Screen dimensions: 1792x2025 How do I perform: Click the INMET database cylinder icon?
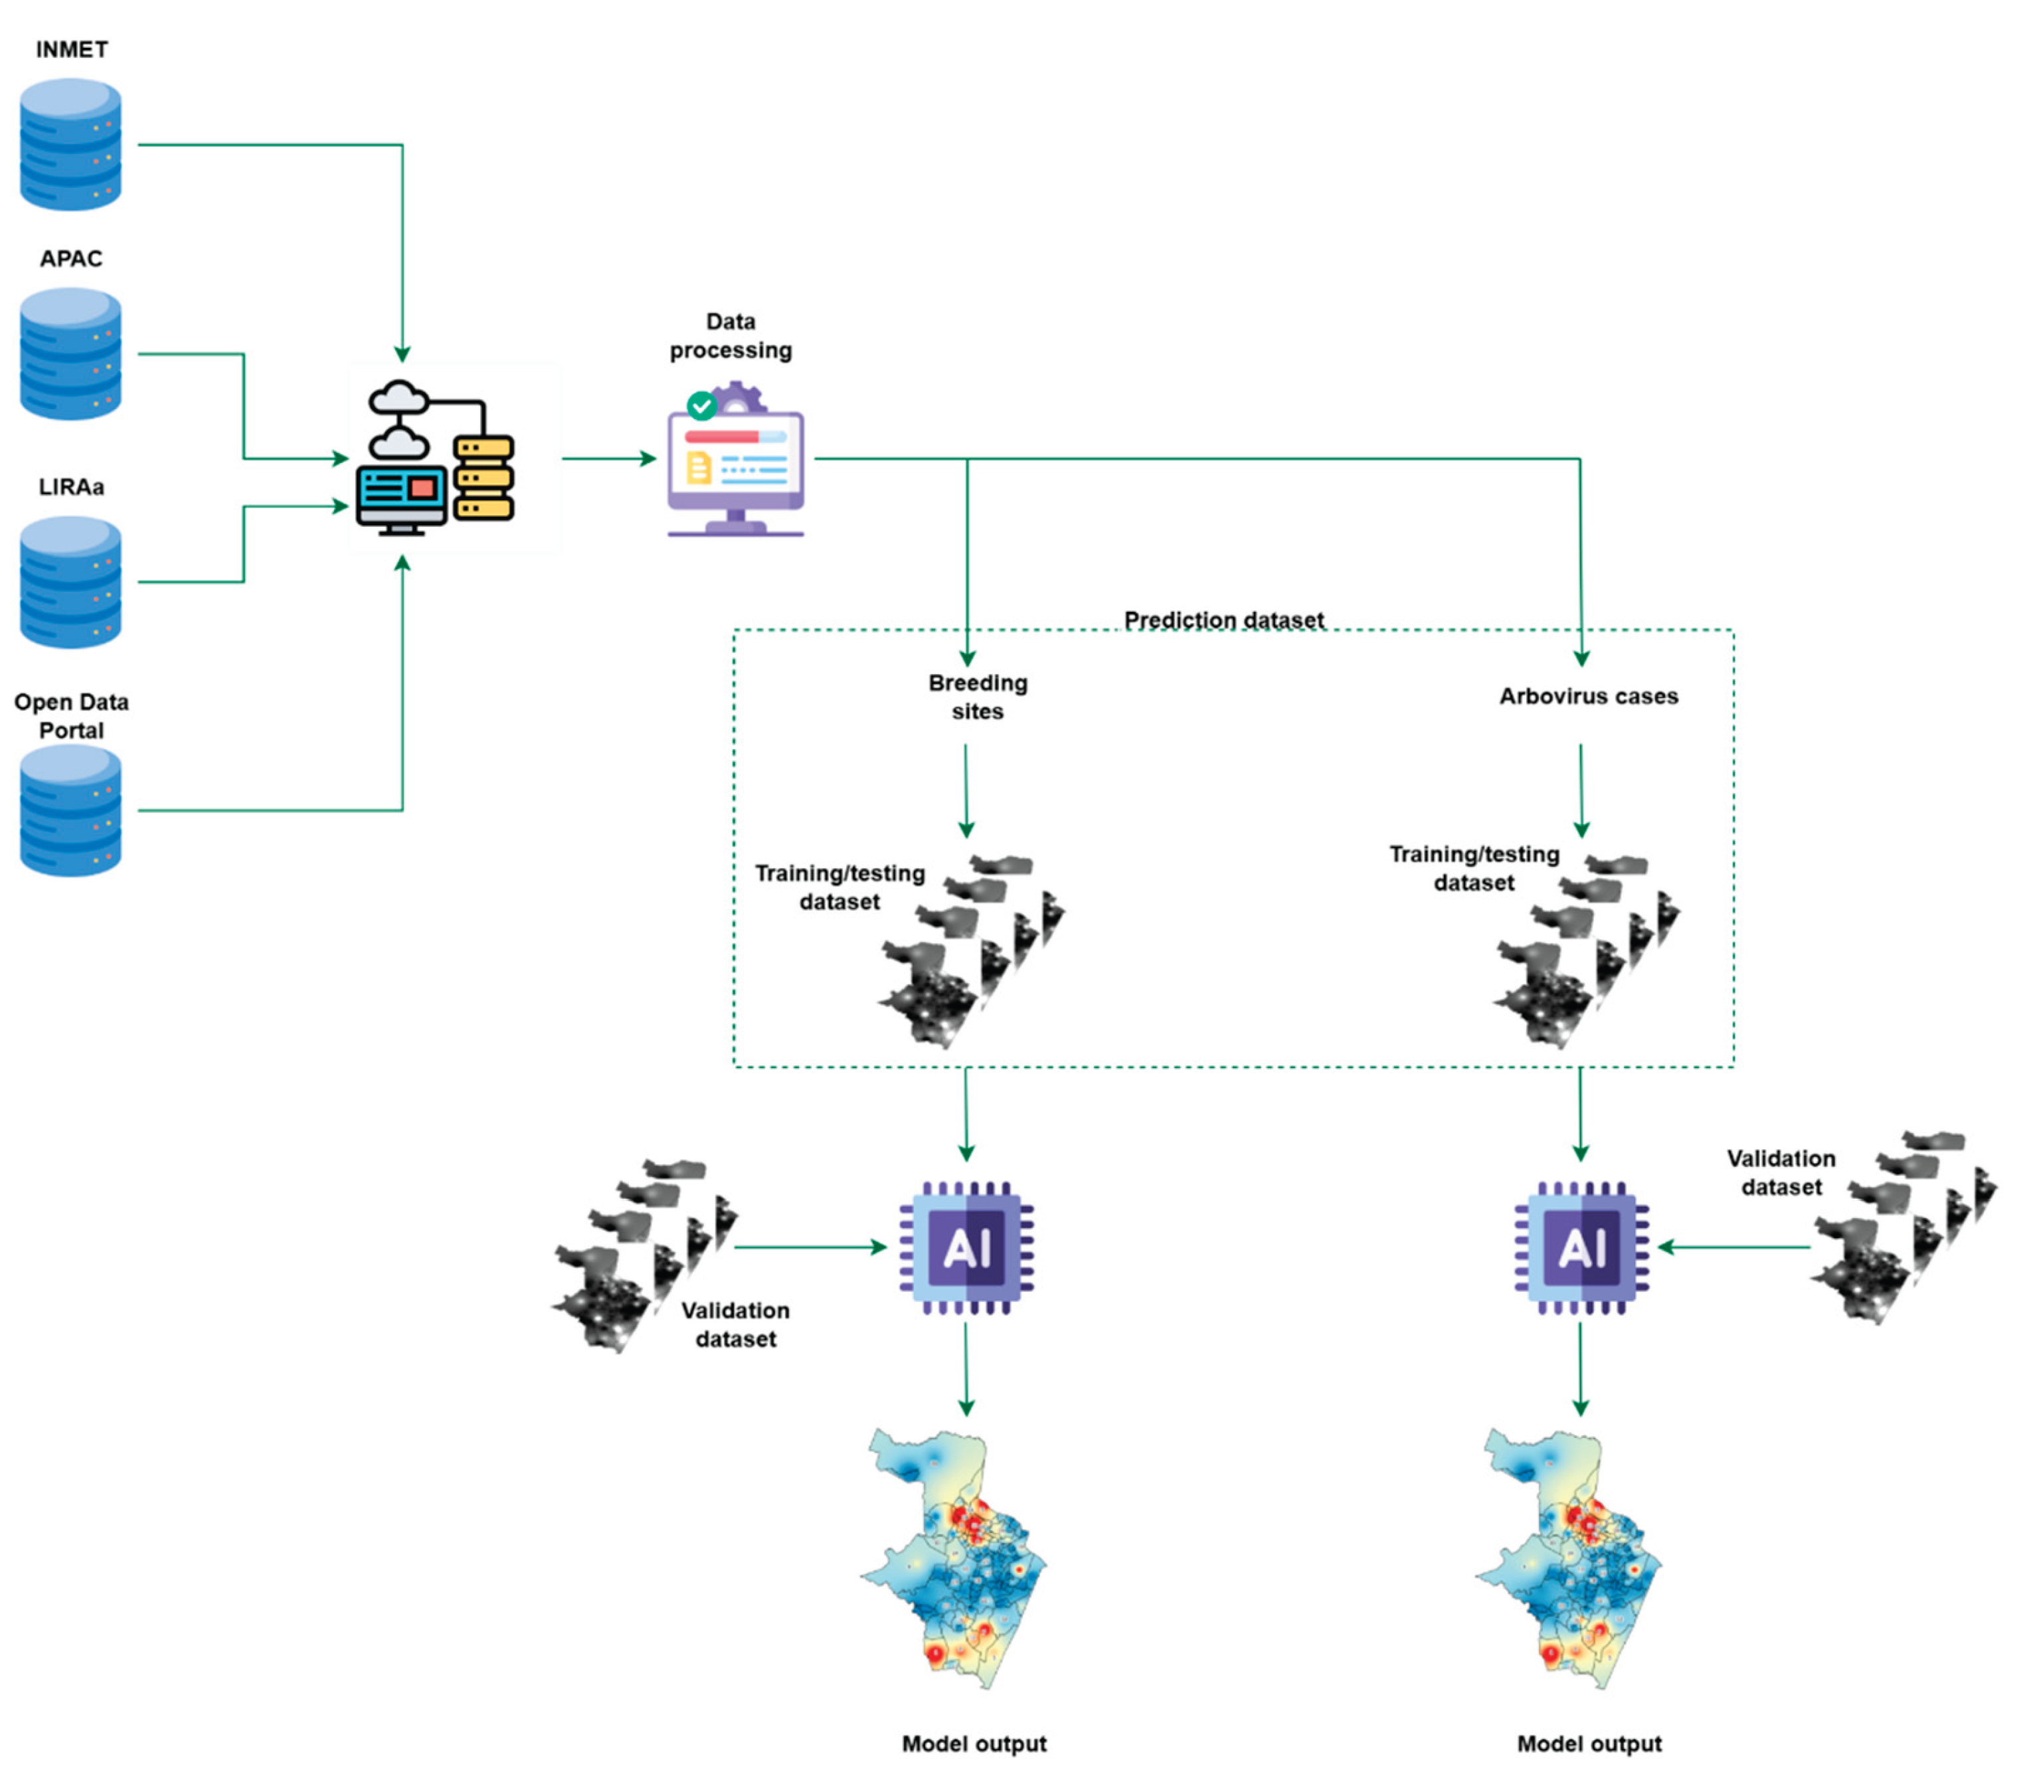[x=70, y=145]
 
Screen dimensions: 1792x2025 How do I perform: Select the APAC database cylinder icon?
[x=70, y=353]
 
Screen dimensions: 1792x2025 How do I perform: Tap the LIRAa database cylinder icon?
[x=70, y=582]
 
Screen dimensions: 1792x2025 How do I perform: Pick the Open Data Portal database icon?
[x=70, y=810]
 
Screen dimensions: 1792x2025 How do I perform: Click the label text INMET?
[x=71, y=50]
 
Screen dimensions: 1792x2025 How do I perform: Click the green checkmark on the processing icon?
[x=701, y=405]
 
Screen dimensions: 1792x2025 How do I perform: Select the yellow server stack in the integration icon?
[x=484, y=478]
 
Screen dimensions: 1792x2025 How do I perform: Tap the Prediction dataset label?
[x=1223, y=620]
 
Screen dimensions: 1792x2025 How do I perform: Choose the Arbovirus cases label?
[x=1588, y=696]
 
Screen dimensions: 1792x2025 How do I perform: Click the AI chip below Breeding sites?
[x=966, y=1247]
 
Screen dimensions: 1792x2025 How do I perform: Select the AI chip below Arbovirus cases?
[x=1581, y=1247]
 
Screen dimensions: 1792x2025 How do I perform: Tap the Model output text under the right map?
[x=1589, y=1744]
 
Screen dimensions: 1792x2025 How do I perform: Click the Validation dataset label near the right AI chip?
[x=1781, y=1173]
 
